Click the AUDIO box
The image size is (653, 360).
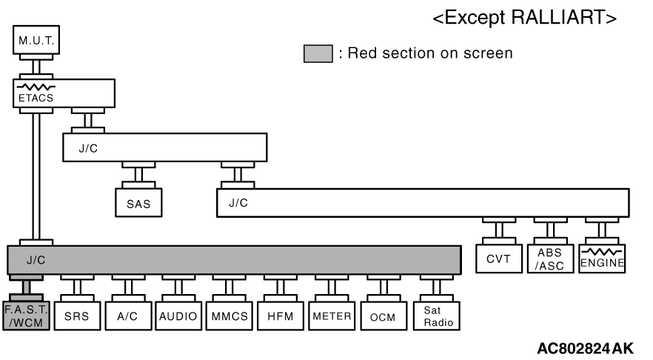point(178,316)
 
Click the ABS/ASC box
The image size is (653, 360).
point(550,260)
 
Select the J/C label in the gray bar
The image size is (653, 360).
point(36,260)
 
